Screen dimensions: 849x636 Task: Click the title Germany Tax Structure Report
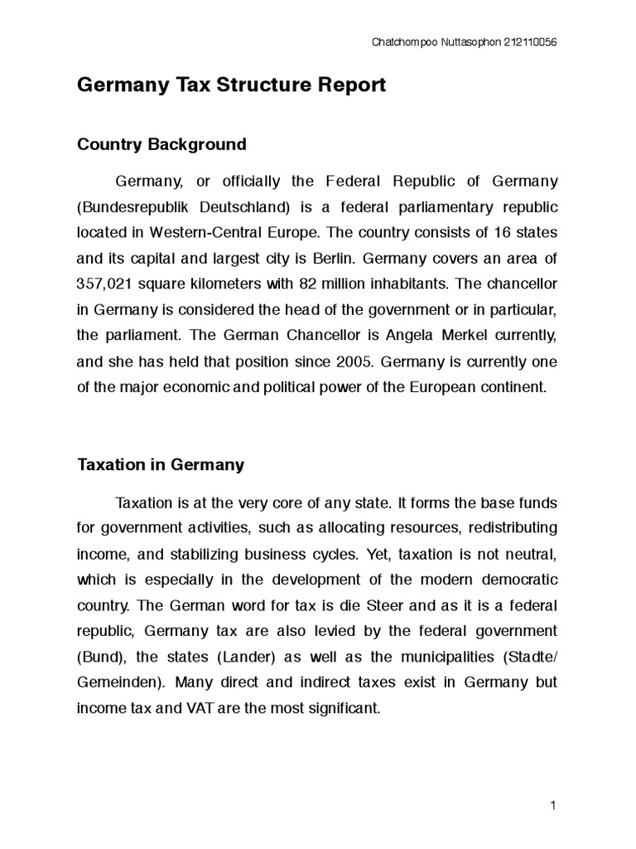tap(231, 85)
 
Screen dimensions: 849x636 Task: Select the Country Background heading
tap(161, 144)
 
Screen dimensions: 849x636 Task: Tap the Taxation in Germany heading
tap(161, 465)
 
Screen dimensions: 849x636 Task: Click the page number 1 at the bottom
tap(552, 806)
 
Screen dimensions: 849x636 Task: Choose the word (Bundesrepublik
tap(138, 206)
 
